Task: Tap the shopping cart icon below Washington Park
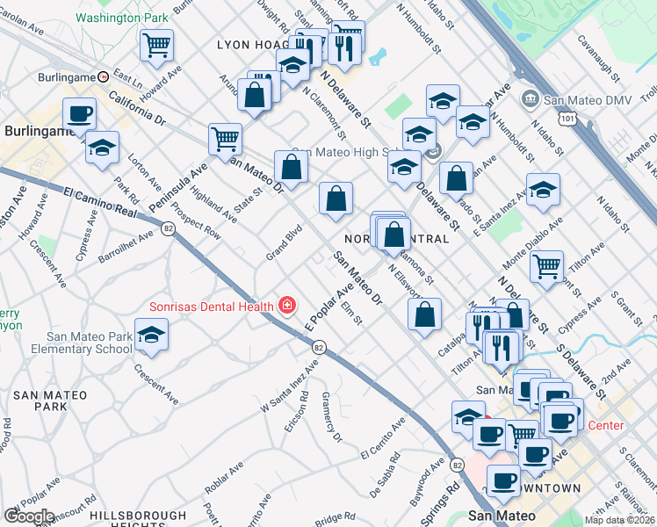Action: pyautogui.click(x=156, y=45)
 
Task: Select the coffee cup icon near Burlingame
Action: pyautogui.click(x=79, y=114)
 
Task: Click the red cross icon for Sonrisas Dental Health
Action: pyautogui.click(x=285, y=306)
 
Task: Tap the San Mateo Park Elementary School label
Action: pyautogui.click(x=77, y=342)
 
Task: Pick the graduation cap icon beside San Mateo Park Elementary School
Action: pyautogui.click(x=152, y=336)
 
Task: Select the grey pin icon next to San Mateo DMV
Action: pyautogui.click(x=530, y=97)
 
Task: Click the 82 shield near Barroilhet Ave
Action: pyautogui.click(x=167, y=227)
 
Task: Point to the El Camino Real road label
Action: pyautogui.click(x=101, y=199)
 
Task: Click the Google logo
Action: pyautogui.click(x=28, y=516)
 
